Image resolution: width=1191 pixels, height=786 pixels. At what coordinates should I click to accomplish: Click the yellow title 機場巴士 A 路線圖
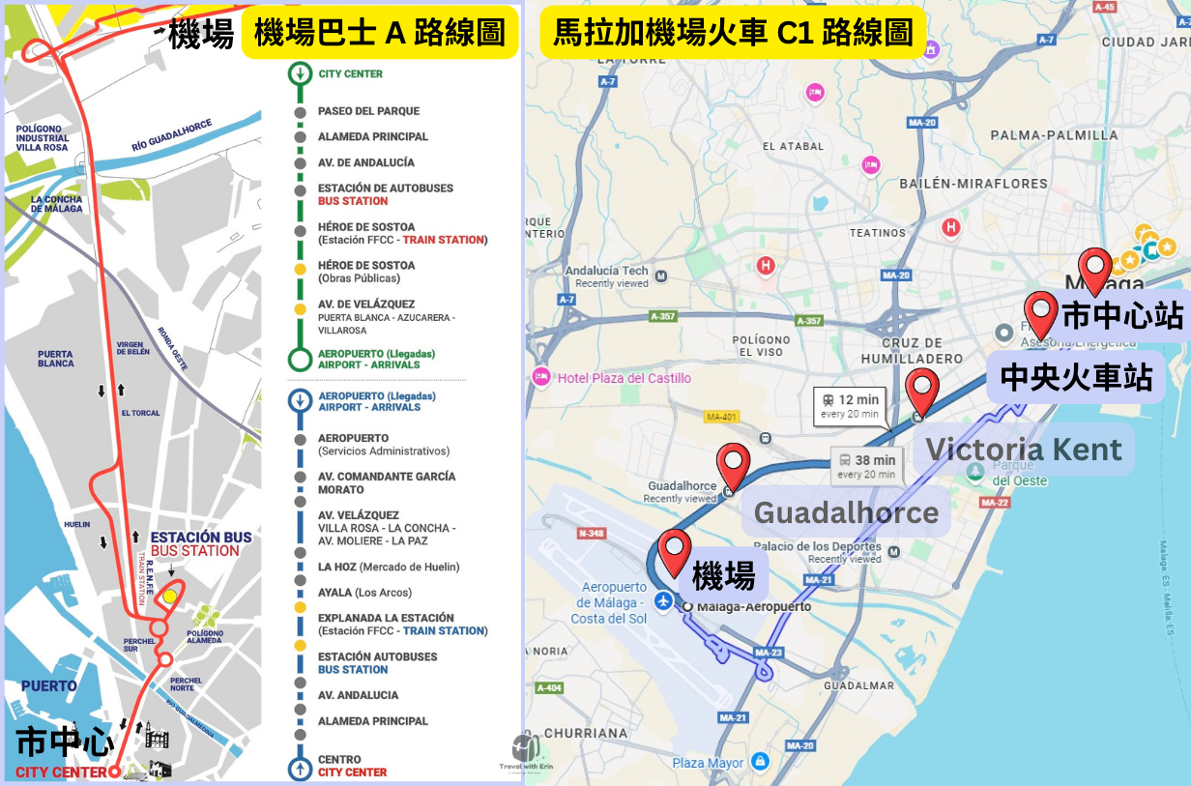click(x=379, y=34)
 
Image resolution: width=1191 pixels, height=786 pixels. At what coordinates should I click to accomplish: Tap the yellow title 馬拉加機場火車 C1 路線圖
click(x=733, y=34)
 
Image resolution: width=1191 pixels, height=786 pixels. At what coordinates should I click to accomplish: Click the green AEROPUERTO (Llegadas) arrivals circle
click(x=300, y=360)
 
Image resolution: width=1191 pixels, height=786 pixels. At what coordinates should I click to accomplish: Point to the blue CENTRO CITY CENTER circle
click(x=300, y=768)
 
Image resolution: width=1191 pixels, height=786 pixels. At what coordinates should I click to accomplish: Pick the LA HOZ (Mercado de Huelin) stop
click(x=389, y=567)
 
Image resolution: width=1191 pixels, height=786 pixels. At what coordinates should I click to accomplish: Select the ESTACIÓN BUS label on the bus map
click(x=200, y=538)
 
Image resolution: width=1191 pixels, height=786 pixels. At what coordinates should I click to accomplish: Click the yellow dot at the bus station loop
click(x=170, y=597)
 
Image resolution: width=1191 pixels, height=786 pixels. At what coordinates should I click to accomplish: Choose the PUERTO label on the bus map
click(x=48, y=686)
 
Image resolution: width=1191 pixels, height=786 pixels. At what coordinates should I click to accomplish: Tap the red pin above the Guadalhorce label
click(x=734, y=466)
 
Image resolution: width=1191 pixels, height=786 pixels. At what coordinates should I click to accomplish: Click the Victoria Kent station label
click(x=1024, y=450)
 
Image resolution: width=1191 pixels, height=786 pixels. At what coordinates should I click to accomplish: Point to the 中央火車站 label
click(x=1076, y=377)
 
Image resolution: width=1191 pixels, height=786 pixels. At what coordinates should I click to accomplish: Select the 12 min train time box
click(x=852, y=405)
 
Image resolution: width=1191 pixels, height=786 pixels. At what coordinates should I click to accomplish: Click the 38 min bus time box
click(x=867, y=467)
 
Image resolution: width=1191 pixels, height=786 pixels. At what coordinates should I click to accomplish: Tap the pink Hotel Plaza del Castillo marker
click(x=540, y=377)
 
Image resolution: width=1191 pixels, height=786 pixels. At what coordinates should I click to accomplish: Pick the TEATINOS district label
click(x=878, y=233)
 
